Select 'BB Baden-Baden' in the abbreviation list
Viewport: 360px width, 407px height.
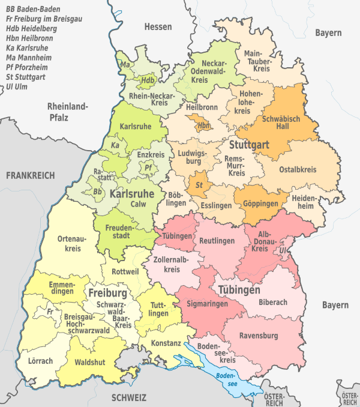(32, 9)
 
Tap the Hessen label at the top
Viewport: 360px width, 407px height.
(158, 27)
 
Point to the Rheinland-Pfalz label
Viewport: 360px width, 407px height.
(67, 112)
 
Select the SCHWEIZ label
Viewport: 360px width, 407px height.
(129, 397)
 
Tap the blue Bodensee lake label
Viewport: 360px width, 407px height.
(224, 381)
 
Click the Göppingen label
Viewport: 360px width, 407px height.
(261, 204)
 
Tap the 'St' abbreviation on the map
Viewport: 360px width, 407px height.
(199, 185)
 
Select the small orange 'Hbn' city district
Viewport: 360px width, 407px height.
(204, 125)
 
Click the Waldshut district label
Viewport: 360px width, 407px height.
(88, 363)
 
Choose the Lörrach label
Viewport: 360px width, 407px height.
(40, 361)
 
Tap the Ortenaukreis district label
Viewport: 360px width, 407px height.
(69, 243)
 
